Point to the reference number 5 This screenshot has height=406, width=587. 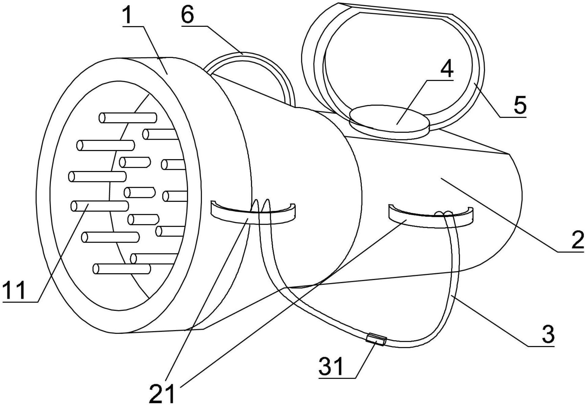(x=520, y=105)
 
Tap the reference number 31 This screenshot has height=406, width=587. (x=331, y=366)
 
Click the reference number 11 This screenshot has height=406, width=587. (x=14, y=290)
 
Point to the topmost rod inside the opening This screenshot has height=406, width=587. (x=128, y=117)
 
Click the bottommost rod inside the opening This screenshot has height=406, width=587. (x=122, y=269)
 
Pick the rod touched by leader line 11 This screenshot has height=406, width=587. (x=100, y=206)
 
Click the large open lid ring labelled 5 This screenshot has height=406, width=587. (x=393, y=65)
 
